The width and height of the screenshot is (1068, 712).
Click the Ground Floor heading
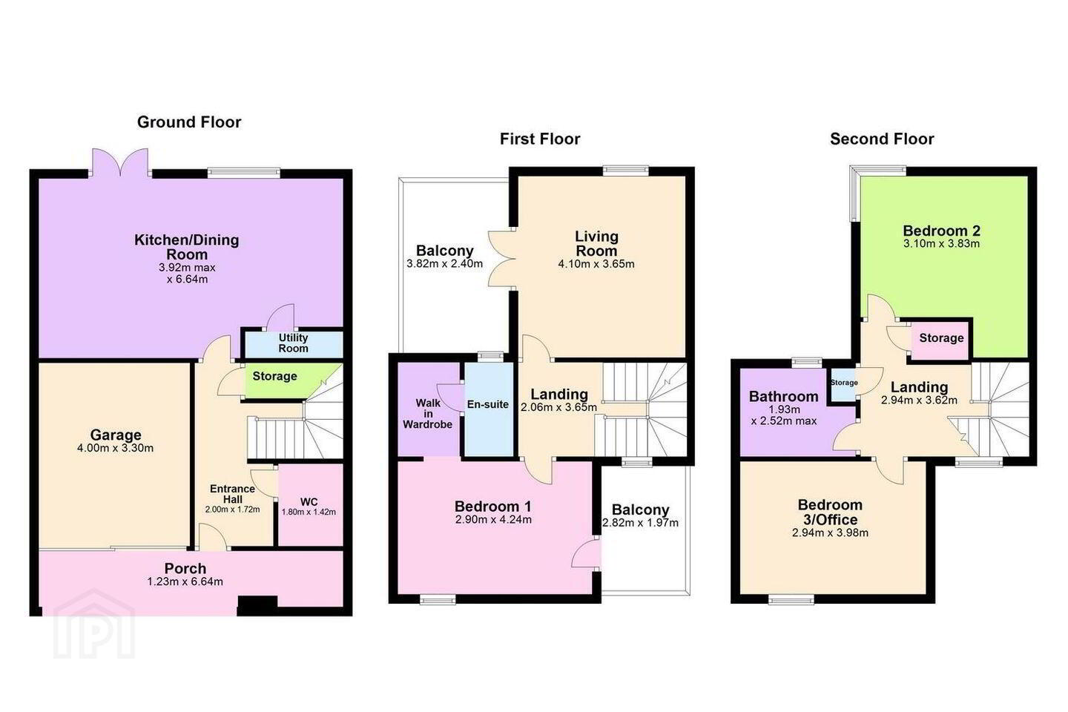tap(189, 122)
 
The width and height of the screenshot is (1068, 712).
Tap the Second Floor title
tap(882, 139)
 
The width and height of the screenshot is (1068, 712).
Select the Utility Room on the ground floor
tap(293, 344)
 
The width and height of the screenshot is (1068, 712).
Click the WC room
tap(310, 506)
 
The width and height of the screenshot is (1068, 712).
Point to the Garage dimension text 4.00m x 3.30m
tap(116, 448)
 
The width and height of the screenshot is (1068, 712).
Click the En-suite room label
tap(488, 404)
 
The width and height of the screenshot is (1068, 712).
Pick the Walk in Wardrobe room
tap(428, 409)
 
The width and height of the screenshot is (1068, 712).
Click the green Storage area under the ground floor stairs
tap(281, 380)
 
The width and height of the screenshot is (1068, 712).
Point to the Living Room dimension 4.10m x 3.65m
tap(596, 264)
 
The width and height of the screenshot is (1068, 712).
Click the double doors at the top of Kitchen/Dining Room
tap(121, 162)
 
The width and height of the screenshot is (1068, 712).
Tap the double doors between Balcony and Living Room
tap(501, 259)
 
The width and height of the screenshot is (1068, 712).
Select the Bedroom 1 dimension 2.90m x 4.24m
tap(493, 520)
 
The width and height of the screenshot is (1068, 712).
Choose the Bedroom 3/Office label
tap(830, 512)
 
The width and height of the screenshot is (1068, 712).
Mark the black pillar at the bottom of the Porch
tap(257, 606)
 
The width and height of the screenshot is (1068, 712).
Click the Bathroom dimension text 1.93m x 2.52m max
tap(784, 415)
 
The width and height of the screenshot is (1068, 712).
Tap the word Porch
tap(185, 568)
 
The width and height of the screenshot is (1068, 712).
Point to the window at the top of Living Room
tap(625, 171)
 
